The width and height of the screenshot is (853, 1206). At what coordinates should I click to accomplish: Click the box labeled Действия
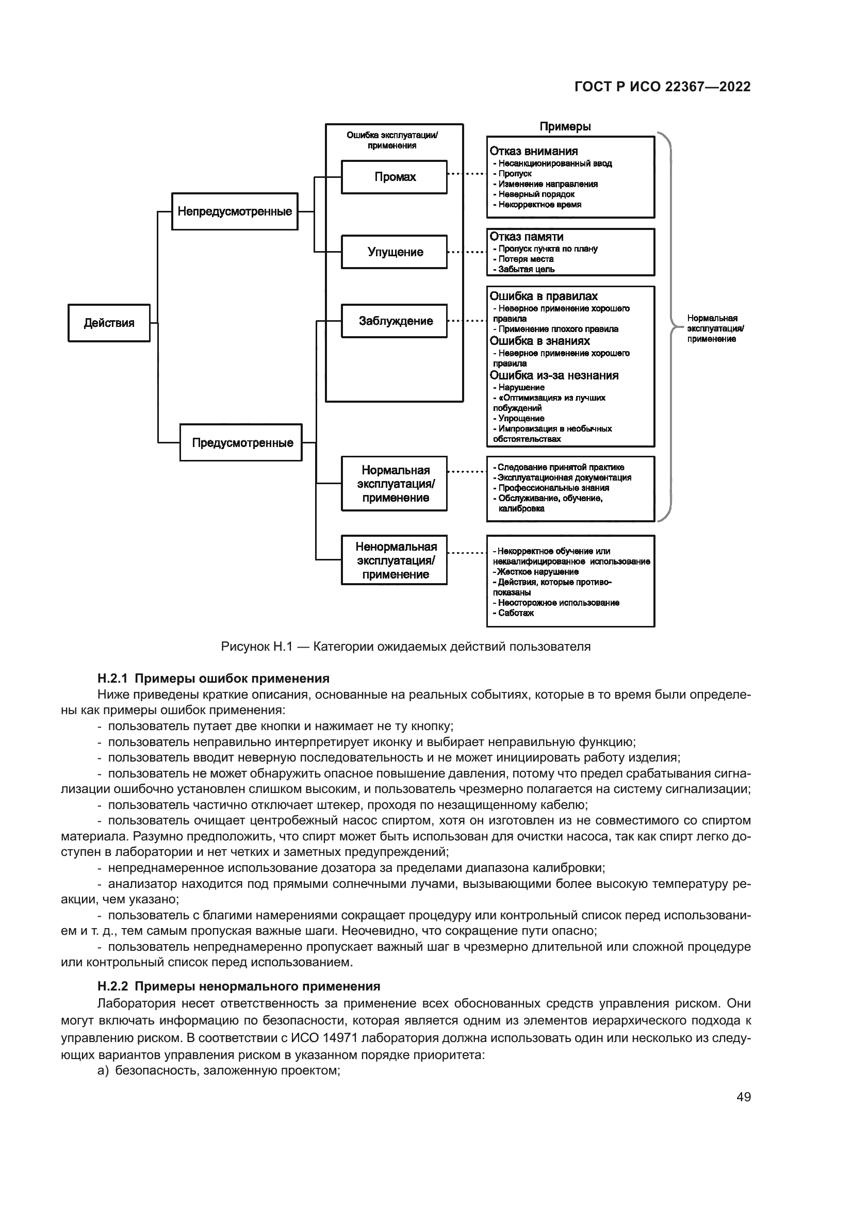[109, 323]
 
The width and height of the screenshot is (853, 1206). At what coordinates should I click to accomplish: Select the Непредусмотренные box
[235, 212]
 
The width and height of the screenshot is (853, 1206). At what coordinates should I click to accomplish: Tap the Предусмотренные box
[241, 443]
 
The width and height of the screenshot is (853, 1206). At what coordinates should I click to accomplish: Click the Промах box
[395, 177]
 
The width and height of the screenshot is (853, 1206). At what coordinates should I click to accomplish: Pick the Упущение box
[395, 252]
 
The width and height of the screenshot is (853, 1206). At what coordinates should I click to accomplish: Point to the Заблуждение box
[395, 321]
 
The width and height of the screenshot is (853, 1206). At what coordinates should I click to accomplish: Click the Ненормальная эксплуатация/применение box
[395, 560]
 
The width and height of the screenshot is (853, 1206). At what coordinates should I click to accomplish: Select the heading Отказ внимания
[534, 151]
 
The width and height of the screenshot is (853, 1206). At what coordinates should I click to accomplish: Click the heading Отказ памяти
[527, 237]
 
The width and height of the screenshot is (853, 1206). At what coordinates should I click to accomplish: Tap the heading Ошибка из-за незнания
[554, 375]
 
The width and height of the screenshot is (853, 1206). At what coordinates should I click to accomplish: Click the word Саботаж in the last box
[516, 614]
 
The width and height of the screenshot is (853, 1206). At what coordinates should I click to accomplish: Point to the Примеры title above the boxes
[565, 127]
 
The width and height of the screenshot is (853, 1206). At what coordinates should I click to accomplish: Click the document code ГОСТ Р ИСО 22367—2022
[662, 87]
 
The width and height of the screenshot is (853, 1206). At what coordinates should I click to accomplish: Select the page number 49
[744, 1097]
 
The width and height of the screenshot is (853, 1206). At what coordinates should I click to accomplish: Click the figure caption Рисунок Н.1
[405, 647]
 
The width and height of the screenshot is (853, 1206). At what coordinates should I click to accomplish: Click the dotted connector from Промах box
[466, 174]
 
